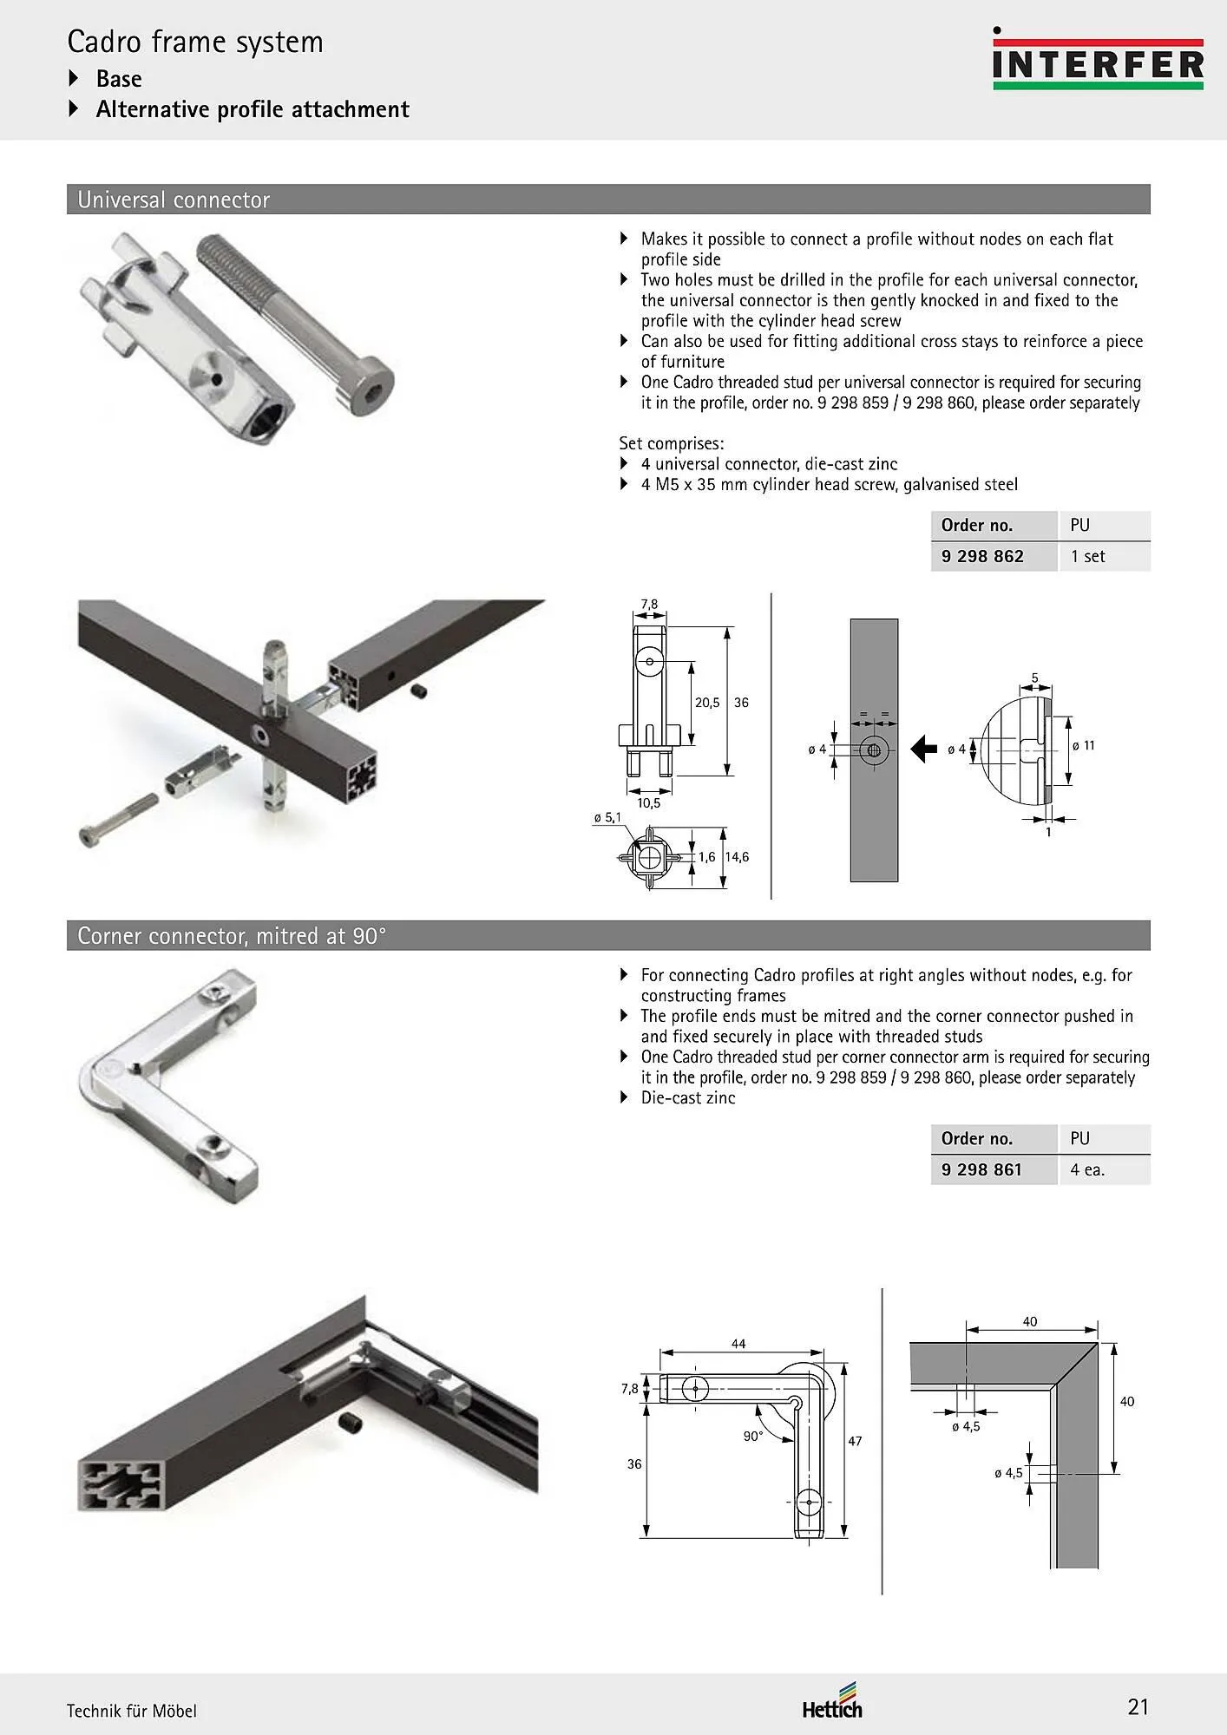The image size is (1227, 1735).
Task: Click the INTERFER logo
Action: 1098,59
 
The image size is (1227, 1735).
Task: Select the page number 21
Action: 1138,1706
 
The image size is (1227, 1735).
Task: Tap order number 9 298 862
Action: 982,556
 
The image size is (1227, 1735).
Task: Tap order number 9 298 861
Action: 981,1169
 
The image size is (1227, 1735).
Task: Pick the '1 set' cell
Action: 1088,556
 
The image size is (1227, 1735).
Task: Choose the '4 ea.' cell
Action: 1087,1169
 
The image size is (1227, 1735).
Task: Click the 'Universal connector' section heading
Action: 174,200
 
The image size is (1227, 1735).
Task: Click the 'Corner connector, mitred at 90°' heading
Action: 232,936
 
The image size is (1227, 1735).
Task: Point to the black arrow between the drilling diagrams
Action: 924,748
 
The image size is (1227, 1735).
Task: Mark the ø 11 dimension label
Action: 1084,745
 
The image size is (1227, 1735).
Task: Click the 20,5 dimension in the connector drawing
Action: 707,703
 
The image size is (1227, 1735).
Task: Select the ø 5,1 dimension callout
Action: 607,817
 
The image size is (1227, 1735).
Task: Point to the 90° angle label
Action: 753,1436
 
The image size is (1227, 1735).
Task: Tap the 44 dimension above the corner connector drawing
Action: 738,1344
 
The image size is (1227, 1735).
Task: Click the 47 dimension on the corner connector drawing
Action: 856,1441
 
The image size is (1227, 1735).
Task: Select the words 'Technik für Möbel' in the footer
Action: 132,1711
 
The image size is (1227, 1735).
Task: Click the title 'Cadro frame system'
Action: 195,42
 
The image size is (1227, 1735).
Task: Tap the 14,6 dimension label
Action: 737,857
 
